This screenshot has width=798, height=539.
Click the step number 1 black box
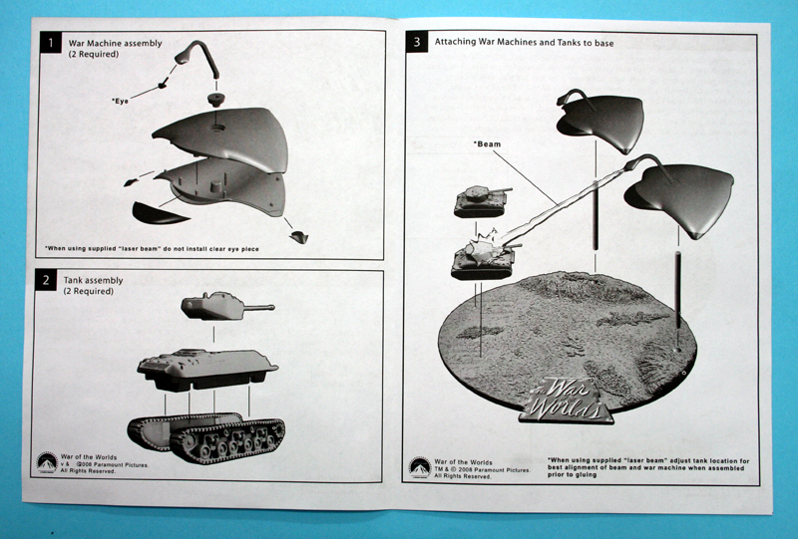(x=51, y=43)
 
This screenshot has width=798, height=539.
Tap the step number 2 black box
(x=46, y=280)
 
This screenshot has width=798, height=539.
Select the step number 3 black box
(x=417, y=42)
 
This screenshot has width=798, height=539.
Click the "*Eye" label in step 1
(x=120, y=101)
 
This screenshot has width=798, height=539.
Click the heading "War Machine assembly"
(x=116, y=43)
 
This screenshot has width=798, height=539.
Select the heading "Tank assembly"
(x=93, y=280)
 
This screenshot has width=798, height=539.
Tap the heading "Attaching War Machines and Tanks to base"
(x=525, y=43)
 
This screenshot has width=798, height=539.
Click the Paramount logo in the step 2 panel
(x=47, y=462)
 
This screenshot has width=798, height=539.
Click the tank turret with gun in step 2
(x=227, y=306)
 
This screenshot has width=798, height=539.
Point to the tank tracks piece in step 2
(x=206, y=437)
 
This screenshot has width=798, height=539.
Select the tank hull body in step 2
(x=207, y=369)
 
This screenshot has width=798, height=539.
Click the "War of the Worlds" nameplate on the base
(x=567, y=401)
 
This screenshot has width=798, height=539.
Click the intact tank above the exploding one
(x=481, y=201)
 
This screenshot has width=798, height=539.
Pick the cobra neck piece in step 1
(x=197, y=58)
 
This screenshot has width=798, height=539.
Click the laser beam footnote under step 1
(x=152, y=249)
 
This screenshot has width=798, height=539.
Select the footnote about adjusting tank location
(x=648, y=468)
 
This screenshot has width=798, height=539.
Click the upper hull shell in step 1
(x=220, y=138)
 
